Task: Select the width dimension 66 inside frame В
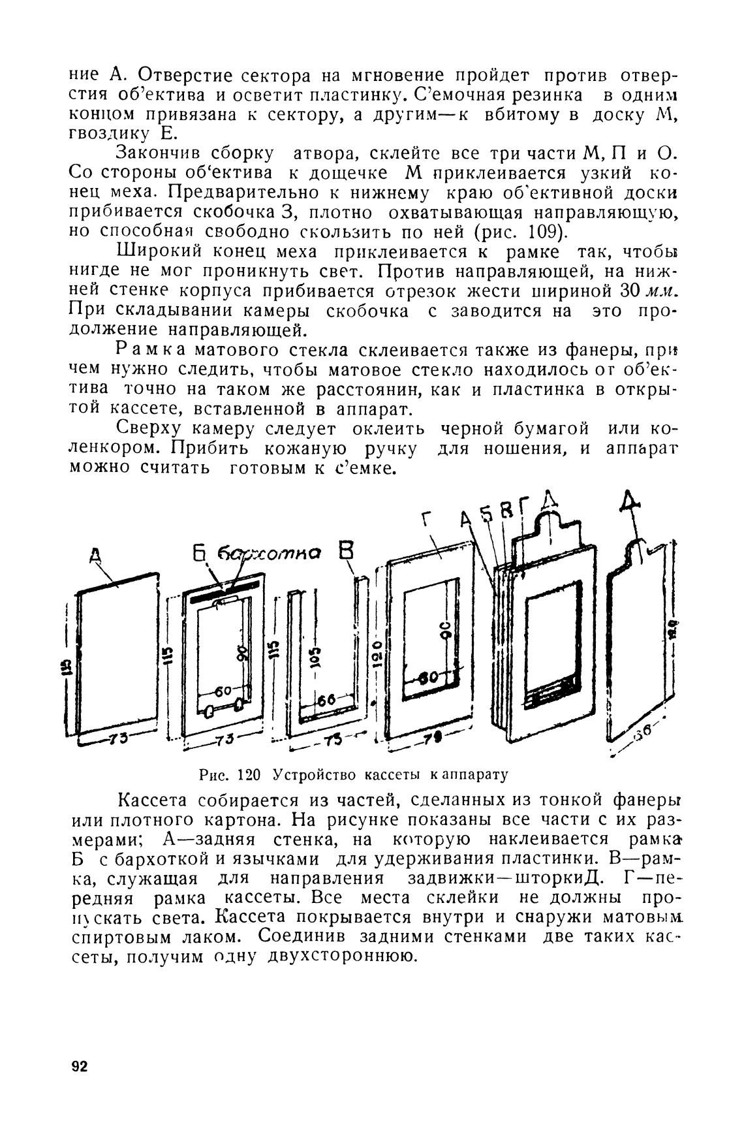tap(327, 700)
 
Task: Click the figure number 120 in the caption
tap(249, 775)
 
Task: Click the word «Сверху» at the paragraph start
tap(153, 429)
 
